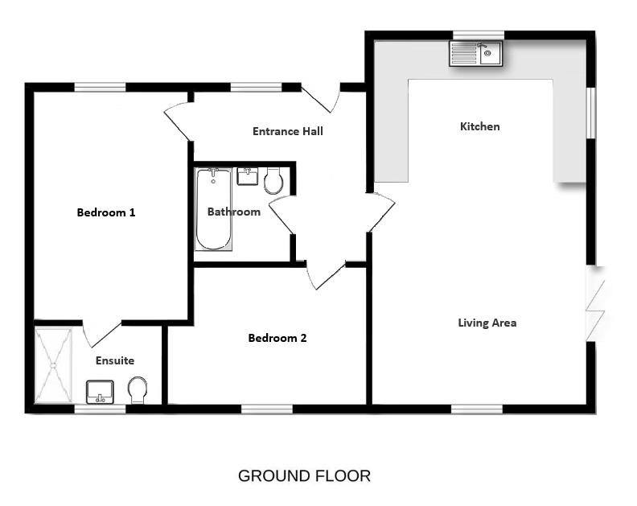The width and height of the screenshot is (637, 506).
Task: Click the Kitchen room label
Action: pyautogui.click(x=479, y=126)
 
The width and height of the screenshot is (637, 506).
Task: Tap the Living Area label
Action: pyautogui.click(x=487, y=323)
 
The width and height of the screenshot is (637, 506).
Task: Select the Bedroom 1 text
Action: pyautogui.click(x=105, y=212)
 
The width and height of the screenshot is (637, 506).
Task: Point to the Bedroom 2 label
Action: pyautogui.click(x=277, y=338)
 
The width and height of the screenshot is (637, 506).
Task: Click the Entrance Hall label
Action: pyautogui.click(x=287, y=131)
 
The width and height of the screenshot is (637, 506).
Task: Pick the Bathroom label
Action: pyautogui.click(x=234, y=212)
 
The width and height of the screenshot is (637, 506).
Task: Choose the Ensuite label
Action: pyautogui.click(x=115, y=360)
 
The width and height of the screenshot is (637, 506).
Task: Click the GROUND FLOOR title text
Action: pyautogui.click(x=304, y=475)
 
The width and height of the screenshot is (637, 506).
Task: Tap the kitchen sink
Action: pyautogui.click(x=475, y=54)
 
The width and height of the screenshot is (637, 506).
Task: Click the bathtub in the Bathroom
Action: pyautogui.click(x=214, y=208)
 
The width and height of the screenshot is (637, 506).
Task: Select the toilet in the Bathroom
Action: pyautogui.click(x=273, y=181)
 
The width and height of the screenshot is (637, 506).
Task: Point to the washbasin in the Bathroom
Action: pyautogui.click(x=247, y=176)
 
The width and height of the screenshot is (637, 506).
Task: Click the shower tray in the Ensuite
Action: pyautogui.click(x=53, y=364)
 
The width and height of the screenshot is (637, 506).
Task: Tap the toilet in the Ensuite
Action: pyautogui.click(x=138, y=391)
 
